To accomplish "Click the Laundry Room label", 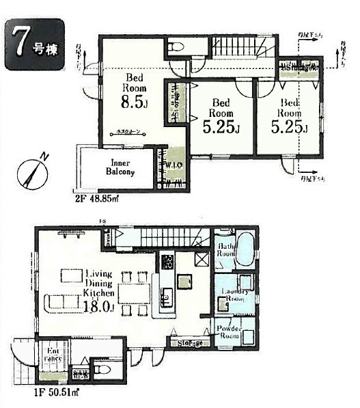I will [234, 295].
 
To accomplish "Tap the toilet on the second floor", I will [175, 46].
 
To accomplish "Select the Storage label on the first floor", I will [186, 342].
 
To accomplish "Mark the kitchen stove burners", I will [167, 261].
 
